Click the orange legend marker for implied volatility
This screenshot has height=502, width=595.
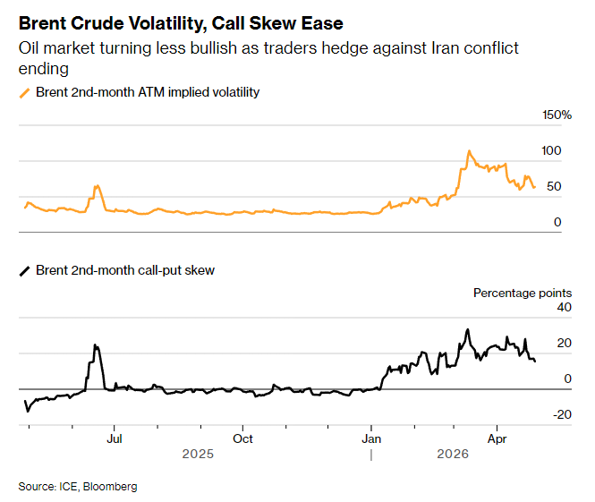pyautogui.click(x=24, y=92)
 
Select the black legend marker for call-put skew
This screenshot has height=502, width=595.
pyautogui.click(x=24, y=269)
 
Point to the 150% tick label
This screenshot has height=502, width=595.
pyautogui.click(x=557, y=115)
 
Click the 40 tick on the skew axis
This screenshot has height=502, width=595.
pyautogui.click(x=564, y=308)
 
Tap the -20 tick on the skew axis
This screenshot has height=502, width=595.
pyautogui.click(x=561, y=414)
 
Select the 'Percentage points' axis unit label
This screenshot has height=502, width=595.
pyautogui.click(x=523, y=293)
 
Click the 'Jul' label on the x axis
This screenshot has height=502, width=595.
pyautogui.click(x=114, y=439)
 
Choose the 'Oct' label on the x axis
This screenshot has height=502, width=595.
pyautogui.click(x=242, y=439)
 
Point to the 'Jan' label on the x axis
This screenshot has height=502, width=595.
pyautogui.click(x=371, y=439)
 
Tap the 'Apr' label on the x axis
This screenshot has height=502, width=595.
pyautogui.click(x=497, y=439)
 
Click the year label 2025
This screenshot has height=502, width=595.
pyautogui.click(x=198, y=454)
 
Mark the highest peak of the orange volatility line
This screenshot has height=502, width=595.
pyautogui.click(x=467, y=151)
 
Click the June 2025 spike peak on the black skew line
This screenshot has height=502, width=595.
pyautogui.click(x=95, y=345)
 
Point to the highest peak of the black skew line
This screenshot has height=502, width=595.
pyautogui.click(x=467, y=329)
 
